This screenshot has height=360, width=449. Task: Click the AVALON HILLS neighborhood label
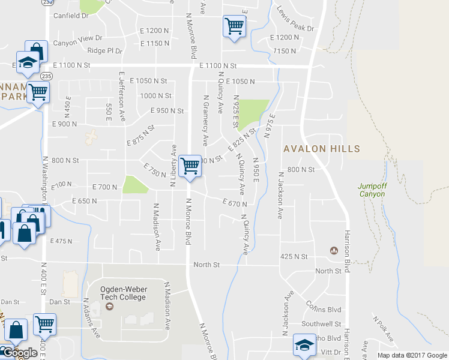click(322, 149)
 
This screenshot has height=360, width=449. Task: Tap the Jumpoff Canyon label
click(373, 190)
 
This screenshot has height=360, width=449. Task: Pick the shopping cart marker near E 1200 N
click(233, 26)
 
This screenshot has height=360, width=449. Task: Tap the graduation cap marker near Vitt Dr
click(304, 346)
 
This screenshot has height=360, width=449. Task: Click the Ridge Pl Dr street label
click(105, 51)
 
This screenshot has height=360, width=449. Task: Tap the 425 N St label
click(294, 257)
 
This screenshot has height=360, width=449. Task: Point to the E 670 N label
click(234, 203)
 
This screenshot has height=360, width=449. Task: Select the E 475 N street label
click(61, 241)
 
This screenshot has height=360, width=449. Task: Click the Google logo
click(19, 353)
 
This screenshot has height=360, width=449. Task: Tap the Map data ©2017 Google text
click(412, 355)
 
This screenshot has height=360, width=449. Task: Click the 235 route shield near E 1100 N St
click(46, 76)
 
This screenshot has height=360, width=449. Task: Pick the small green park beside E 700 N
click(135, 185)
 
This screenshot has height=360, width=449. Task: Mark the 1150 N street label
click(285, 52)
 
